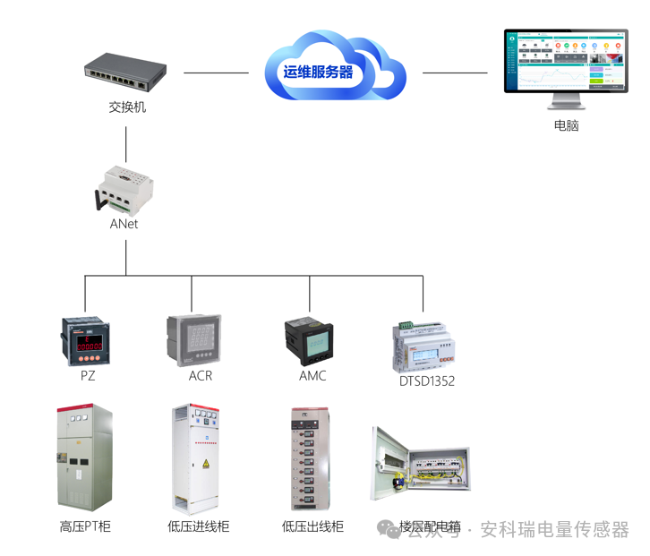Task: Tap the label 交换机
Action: coord(126,107)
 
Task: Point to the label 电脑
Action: coord(566,125)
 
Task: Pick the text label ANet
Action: coord(124,224)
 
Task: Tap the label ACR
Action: coord(201,376)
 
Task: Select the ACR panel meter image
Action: coord(193,339)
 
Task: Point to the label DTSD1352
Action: coord(427,381)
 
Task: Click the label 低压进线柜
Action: coord(198,526)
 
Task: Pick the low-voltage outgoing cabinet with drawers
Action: coord(313,458)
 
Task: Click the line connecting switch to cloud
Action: coord(216,73)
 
